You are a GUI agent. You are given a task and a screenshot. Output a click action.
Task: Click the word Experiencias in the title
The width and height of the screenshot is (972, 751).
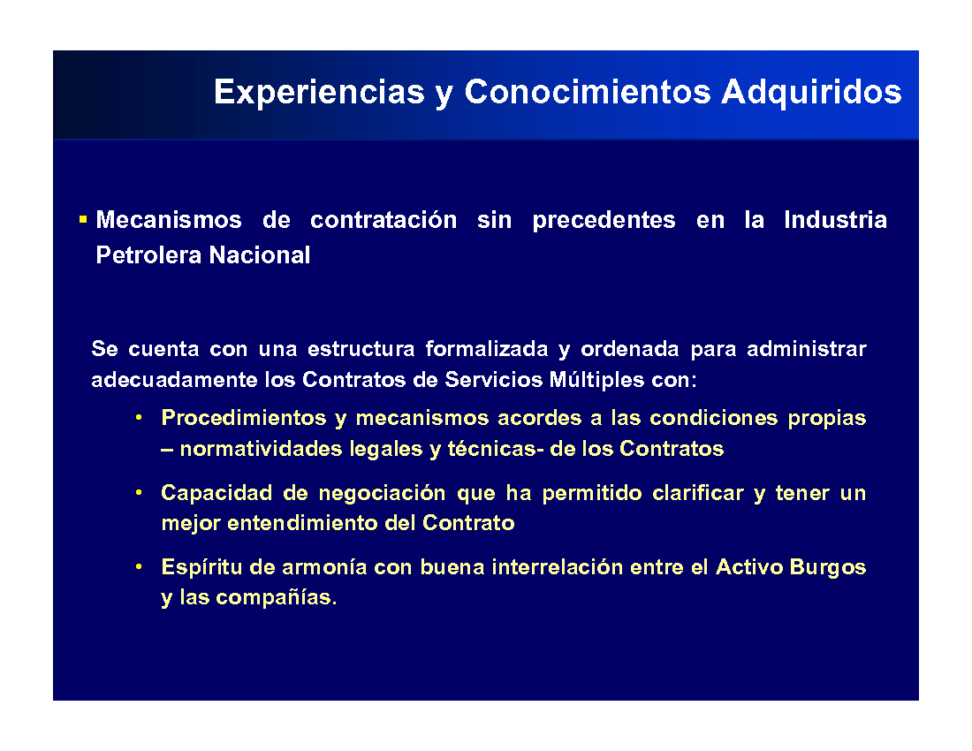click(x=319, y=93)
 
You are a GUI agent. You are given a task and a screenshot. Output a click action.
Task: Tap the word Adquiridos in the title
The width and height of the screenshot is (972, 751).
click(x=811, y=93)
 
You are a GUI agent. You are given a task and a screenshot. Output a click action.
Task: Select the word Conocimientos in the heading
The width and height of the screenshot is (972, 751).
click(x=588, y=92)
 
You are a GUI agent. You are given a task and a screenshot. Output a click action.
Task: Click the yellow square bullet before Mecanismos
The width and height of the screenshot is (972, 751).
click(x=83, y=219)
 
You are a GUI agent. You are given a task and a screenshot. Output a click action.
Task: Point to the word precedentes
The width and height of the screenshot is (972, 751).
click(x=604, y=220)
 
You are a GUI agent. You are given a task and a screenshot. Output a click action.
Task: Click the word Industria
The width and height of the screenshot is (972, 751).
click(x=835, y=220)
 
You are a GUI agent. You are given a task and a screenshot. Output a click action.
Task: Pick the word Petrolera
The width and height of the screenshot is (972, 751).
click(x=148, y=255)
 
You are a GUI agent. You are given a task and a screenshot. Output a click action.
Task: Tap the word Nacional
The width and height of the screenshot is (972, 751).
click(x=260, y=255)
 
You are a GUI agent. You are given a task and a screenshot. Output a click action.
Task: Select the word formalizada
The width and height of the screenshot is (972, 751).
click(x=487, y=349)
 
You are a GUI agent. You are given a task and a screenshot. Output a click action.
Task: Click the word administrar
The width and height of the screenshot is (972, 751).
click(x=807, y=349)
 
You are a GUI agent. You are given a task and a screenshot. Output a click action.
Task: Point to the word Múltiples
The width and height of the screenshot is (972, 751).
click(x=596, y=380)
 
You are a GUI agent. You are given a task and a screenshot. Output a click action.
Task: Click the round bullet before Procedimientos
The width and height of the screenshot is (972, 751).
click(x=139, y=418)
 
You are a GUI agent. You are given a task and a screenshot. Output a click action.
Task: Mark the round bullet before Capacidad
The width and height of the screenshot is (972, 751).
click(x=139, y=493)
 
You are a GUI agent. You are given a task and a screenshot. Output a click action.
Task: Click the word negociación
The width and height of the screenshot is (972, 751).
click(x=382, y=494)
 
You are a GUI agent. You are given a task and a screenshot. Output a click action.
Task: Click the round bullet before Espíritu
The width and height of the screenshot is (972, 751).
click(x=139, y=567)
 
